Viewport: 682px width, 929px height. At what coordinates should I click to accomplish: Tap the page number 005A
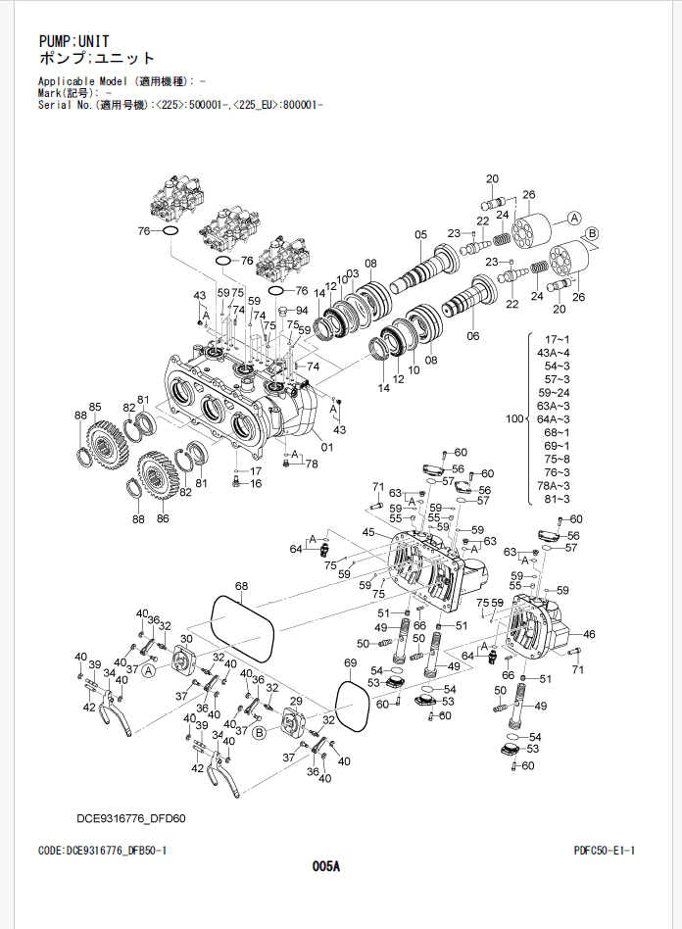pos(325,865)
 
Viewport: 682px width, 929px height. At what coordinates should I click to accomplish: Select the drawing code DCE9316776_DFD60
pos(131,817)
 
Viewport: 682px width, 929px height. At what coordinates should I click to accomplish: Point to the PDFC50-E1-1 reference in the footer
pos(605,850)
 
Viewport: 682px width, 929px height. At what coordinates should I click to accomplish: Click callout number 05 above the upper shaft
pos(420,234)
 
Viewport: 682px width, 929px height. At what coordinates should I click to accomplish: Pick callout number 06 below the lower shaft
pos(473,336)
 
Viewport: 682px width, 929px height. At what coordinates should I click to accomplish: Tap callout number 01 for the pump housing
pos(326,448)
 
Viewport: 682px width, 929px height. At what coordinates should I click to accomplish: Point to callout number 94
pos(302,311)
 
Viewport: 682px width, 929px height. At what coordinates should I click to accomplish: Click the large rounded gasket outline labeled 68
pos(243,627)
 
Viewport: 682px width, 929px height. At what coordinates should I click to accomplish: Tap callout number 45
pos(368,532)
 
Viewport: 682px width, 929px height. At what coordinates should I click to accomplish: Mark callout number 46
pos(589,634)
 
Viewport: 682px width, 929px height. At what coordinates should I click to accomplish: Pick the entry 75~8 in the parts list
pos(556,460)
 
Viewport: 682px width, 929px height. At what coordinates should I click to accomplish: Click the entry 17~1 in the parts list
pos(556,339)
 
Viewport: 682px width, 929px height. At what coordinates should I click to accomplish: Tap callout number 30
pos(186,638)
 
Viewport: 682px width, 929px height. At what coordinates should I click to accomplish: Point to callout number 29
pos(297,703)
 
